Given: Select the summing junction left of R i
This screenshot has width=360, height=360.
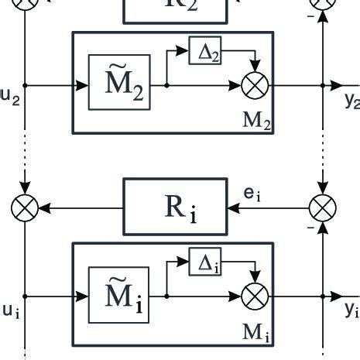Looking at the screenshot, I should (25, 207).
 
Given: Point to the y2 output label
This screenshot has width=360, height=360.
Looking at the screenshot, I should (351, 99).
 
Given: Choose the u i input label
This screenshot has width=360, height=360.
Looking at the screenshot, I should (9, 310).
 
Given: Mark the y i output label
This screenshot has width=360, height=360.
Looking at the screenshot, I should (351, 310).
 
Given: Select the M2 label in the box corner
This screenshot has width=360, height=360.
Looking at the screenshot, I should (255, 122).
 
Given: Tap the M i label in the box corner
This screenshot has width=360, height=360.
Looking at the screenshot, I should (255, 333).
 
